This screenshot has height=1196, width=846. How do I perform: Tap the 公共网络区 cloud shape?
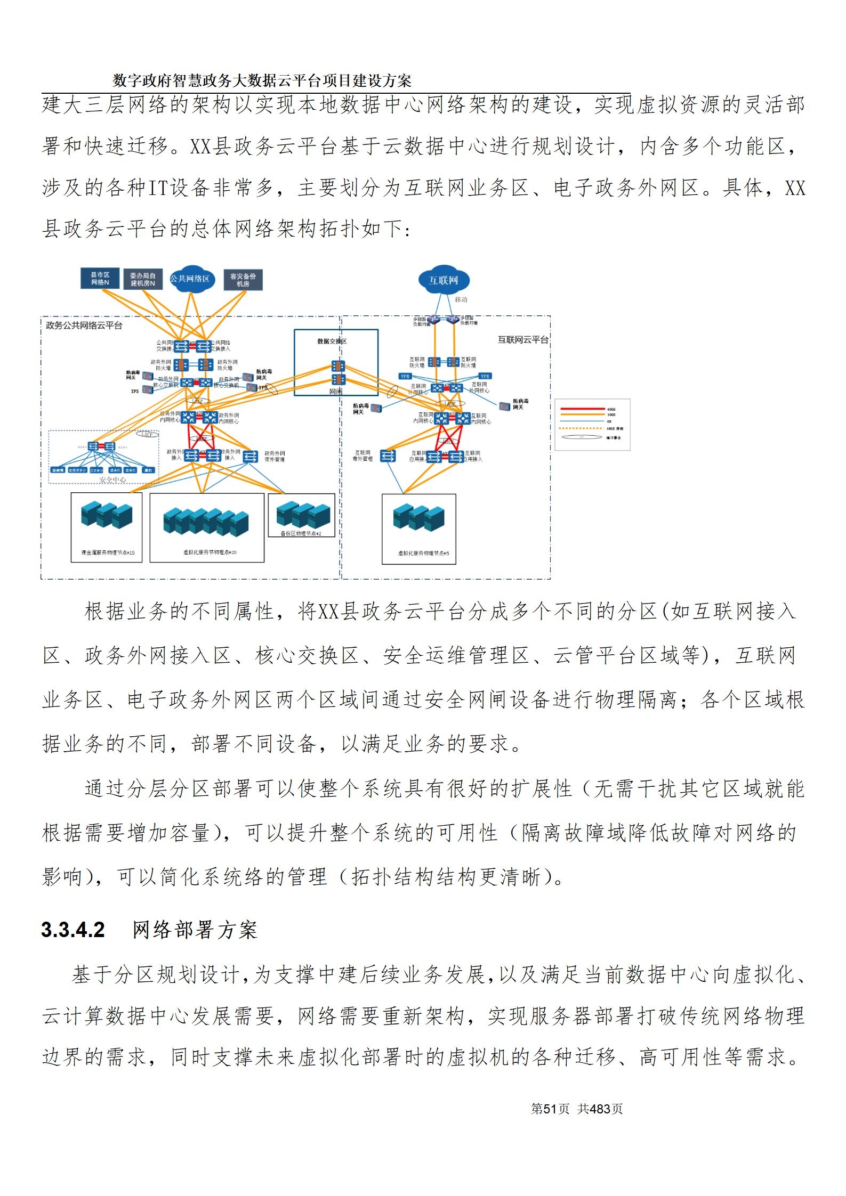point(190,279)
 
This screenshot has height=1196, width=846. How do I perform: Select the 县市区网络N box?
point(100,279)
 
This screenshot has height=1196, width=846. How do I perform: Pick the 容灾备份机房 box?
point(243,280)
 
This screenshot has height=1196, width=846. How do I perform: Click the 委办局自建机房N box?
point(143,279)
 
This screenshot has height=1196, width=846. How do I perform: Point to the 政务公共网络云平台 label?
point(84,325)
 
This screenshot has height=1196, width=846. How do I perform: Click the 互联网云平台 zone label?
point(522,339)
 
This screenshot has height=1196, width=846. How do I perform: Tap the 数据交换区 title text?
point(332,341)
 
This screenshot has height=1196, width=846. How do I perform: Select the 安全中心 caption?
point(112,480)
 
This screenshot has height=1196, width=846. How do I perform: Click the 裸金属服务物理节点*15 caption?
point(108,552)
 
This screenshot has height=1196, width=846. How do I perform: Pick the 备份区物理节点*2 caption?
point(301,533)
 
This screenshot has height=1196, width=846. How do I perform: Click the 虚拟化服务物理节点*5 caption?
point(423,553)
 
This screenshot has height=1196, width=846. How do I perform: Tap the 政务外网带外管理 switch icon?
point(249,456)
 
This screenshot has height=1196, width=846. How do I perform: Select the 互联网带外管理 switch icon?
point(388,456)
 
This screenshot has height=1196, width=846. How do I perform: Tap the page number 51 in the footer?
point(550,1109)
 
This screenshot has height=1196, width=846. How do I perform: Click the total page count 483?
point(600,1109)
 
